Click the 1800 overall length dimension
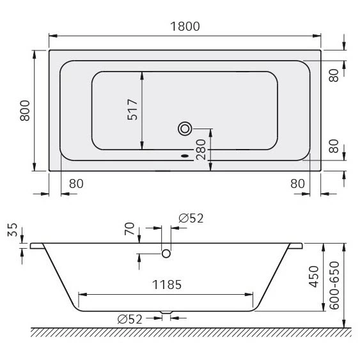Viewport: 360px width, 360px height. point(185,26)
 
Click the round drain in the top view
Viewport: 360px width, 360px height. point(185,129)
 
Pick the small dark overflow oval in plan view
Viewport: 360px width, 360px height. point(186,155)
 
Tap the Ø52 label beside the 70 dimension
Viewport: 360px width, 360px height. point(191,218)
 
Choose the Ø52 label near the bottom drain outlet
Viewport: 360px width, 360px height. point(130,319)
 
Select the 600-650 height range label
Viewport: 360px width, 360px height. point(333,285)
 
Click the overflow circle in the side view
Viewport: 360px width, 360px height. point(166,254)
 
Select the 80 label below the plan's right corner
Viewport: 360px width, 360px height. point(297,184)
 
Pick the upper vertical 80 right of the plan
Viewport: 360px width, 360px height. point(333,74)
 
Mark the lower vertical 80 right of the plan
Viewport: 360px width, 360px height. point(333,146)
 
